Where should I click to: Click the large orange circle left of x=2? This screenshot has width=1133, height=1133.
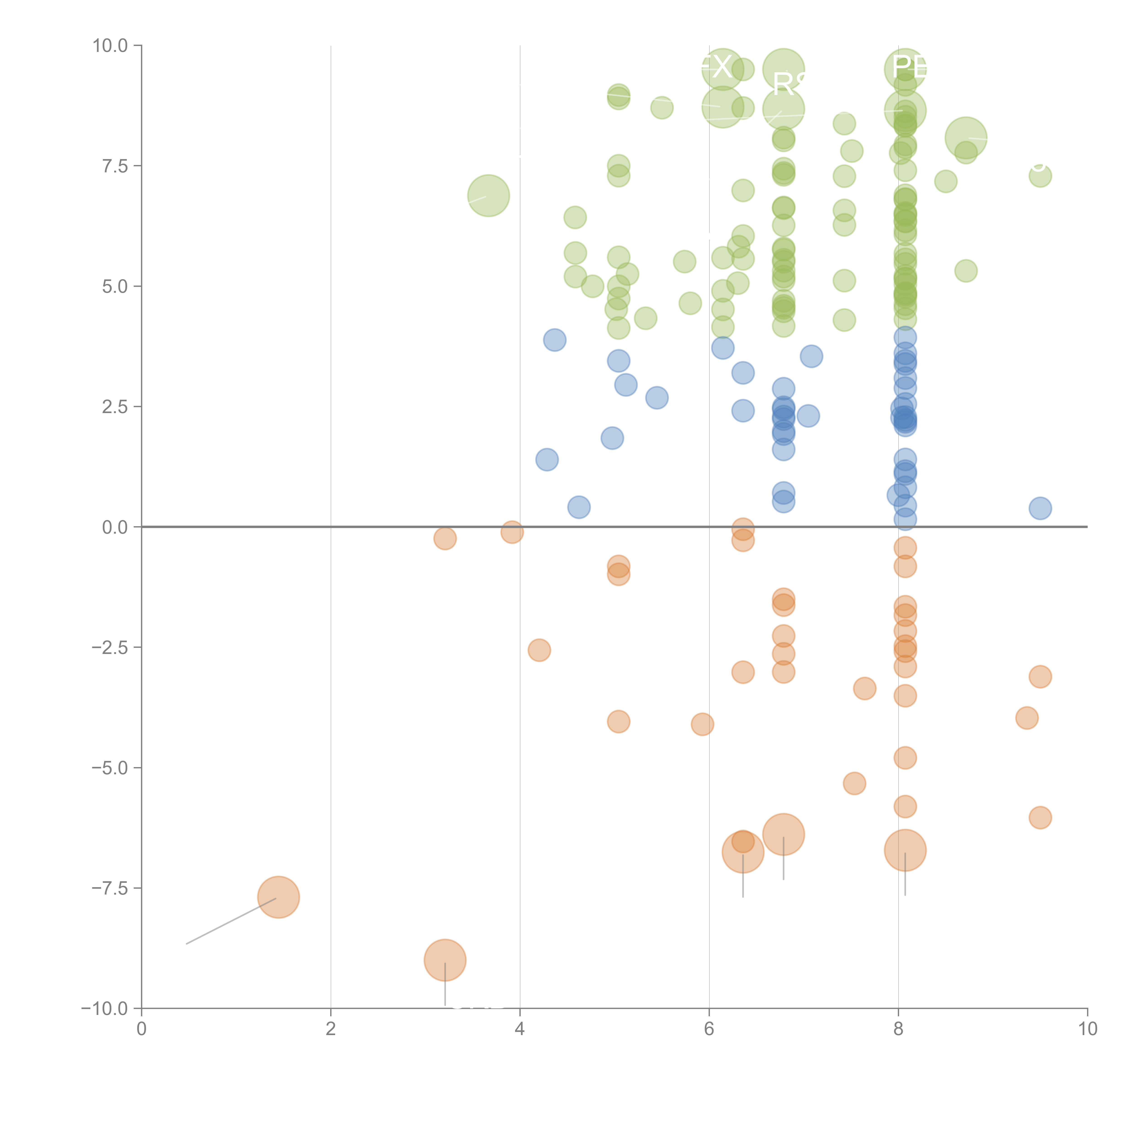278,897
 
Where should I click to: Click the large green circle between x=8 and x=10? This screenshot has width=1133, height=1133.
965,137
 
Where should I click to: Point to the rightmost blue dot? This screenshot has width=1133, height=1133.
1040,508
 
